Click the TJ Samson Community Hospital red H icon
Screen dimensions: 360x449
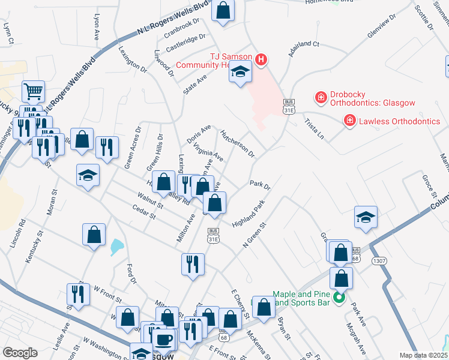(x=261, y=59)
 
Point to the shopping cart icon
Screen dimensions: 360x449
(x=34, y=91)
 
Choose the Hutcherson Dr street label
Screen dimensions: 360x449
(x=237, y=143)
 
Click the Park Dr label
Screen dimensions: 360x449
(x=260, y=186)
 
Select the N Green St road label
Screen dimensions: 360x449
(x=254, y=235)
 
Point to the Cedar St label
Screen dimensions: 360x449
(x=145, y=212)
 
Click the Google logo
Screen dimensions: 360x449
(x=20, y=353)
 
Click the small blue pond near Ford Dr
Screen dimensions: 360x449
(x=116, y=246)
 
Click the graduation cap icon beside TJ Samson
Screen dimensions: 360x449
(x=240, y=73)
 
